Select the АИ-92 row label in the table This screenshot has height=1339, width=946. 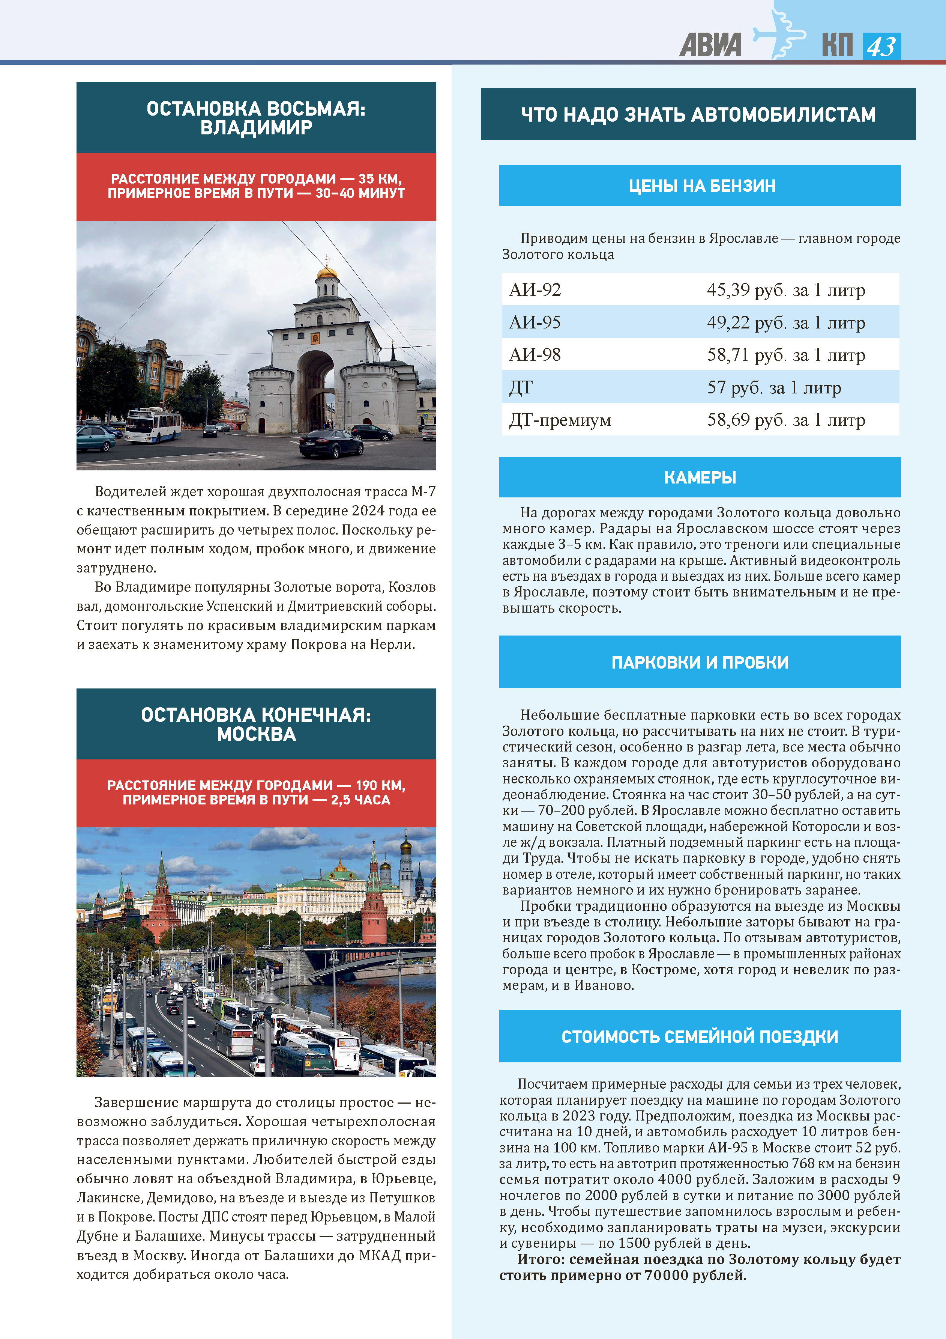point(535,290)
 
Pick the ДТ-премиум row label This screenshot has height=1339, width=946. point(560,420)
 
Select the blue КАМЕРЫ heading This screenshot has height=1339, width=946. point(700,477)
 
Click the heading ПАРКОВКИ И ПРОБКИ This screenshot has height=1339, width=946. point(700,663)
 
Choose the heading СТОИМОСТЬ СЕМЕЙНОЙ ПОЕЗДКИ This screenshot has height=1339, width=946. point(700,1036)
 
